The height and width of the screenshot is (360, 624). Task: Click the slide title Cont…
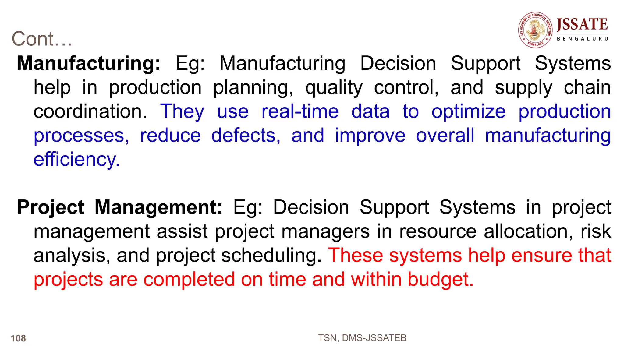click(42, 39)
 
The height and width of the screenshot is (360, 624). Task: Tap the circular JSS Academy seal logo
click(535, 30)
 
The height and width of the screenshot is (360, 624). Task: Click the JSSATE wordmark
click(582, 25)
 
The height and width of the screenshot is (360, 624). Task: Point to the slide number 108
click(18, 338)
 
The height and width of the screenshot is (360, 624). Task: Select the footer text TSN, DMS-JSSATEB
click(362, 338)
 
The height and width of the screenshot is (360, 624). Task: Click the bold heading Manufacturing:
click(88, 63)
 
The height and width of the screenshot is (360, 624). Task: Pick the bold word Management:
click(158, 207)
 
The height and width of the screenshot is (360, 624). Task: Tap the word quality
click(334, 88)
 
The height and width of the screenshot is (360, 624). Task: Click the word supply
click(523, 88)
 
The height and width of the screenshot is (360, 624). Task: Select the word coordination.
click(90, 111)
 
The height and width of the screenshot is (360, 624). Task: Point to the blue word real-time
click(300, 111)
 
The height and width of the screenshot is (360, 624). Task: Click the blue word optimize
click(468, 111)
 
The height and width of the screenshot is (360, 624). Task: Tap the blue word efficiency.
click(76, 159)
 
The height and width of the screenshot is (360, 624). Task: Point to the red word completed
click(189, 279)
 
